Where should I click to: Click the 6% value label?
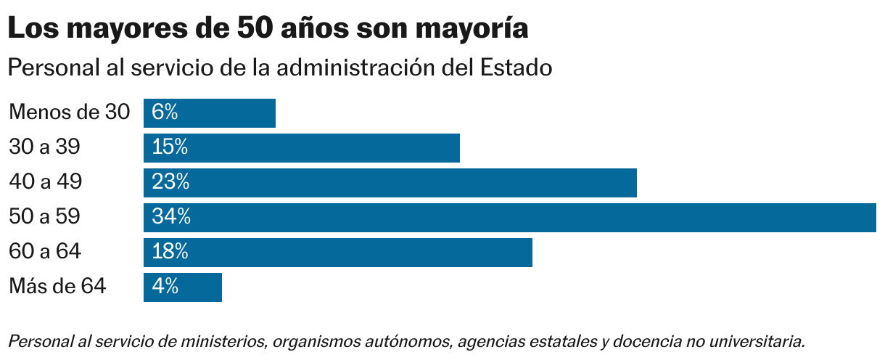[x=165, y=113]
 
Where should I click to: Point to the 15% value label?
[x=170, y=148]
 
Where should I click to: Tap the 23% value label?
[x=170, y=183]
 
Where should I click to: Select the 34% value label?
[x=171, y=218]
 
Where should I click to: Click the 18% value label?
[x=170, y=253]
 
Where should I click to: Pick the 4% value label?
[x=165, y=287]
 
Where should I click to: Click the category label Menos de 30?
[x=70, y=112]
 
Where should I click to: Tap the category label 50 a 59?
[x=44, y=217]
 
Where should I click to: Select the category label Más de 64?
[x=58, y=287]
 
